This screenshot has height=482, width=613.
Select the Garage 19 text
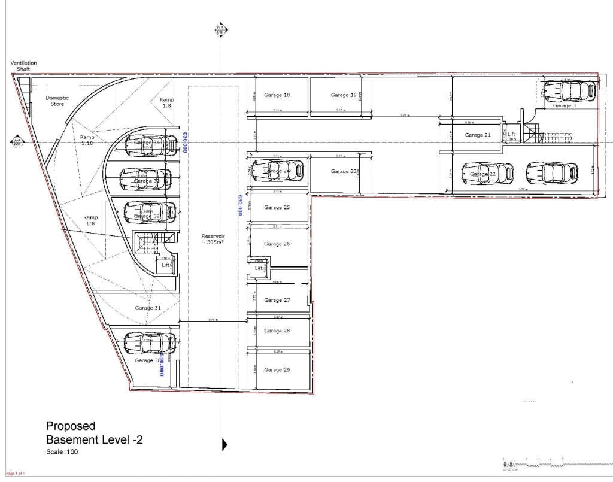(x=344, y=95)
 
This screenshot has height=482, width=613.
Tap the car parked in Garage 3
(x=568, y=90)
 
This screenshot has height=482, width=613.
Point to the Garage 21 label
(x=478, y=135)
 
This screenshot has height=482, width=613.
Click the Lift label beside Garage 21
(x=511, y=135)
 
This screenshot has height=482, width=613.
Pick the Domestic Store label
(x=57, y=101)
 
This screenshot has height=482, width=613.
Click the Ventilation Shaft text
(x=23, y=66)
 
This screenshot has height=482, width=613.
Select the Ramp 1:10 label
(x=87, y=140)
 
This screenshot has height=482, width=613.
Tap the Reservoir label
(x=213, y=240)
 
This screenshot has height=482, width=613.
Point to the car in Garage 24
(x=277, y=171)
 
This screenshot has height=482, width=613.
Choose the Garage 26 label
(x=277, y=244)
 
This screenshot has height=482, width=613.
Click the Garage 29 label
(x=277, y=370)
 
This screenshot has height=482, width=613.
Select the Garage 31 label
(x=148, y=308)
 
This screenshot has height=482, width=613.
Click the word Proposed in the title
(x=71, y=426)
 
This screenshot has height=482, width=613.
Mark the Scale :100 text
(x=62, y=452)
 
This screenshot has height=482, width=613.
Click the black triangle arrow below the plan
(x=225, y=444)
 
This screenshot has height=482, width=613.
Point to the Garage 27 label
(x=277, y=301)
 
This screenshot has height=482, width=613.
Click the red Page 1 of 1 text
(x=16, y=474)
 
